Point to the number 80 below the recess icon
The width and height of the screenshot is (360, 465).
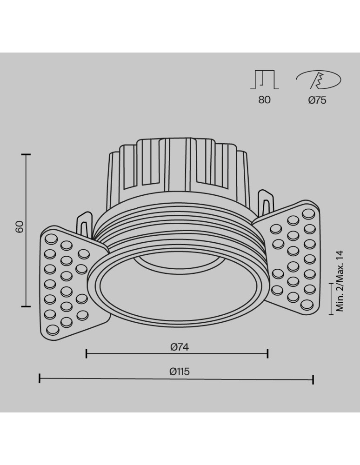[x=264, y=100]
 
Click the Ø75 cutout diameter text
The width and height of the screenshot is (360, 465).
[x=317, y=100]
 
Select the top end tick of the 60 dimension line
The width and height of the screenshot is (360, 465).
[x=27, y=154]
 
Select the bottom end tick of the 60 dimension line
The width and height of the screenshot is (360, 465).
[x=27, y=306]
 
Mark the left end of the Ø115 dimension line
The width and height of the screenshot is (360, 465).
[x=40, y=379]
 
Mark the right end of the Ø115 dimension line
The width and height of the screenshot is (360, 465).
[x=313, y=379]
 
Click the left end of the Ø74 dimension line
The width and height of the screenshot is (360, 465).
[x=87, y=354]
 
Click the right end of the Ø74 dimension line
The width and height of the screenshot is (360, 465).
[x=268, y=354]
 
